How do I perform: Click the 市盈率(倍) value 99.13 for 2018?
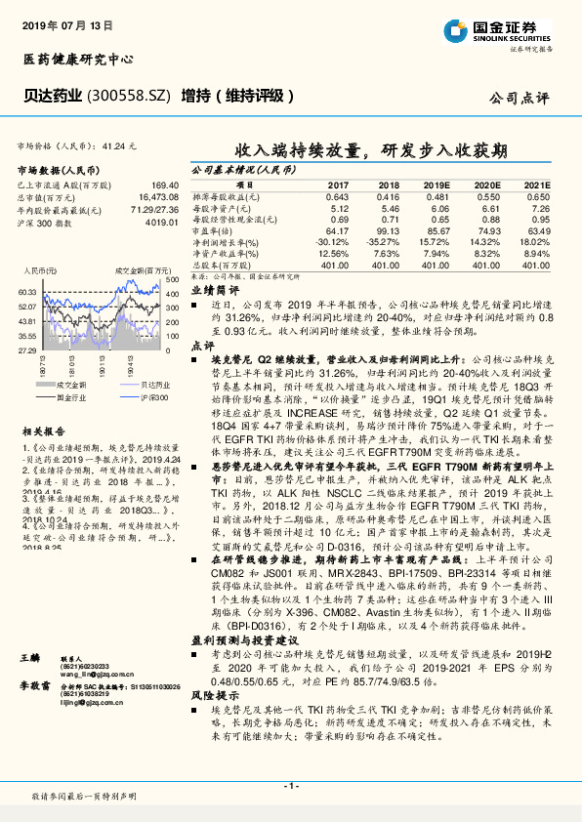point(389,230)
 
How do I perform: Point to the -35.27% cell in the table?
point(385,242)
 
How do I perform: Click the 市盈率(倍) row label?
point(212,230)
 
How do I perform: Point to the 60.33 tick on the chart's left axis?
point(28,292)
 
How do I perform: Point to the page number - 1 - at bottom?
point(291,785)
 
